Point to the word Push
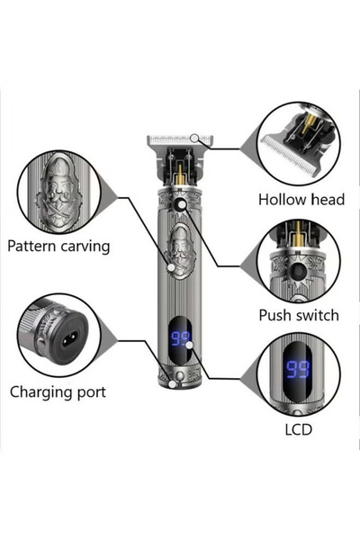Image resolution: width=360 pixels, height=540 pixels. point(274,315)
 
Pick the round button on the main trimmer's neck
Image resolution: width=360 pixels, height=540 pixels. point(183,205)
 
